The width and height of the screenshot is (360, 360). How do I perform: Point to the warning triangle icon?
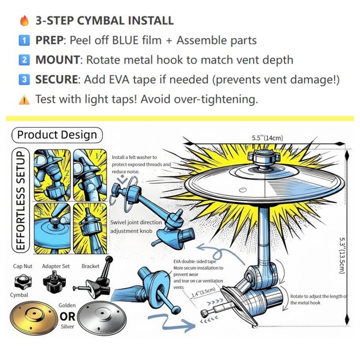[24, 99]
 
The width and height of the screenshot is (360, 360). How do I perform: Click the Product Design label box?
[57, 135]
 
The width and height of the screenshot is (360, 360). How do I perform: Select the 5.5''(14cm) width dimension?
[267, 138]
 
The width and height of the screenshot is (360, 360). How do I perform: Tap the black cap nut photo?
[22, 283]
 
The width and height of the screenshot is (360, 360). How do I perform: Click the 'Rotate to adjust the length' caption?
[318, 299]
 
